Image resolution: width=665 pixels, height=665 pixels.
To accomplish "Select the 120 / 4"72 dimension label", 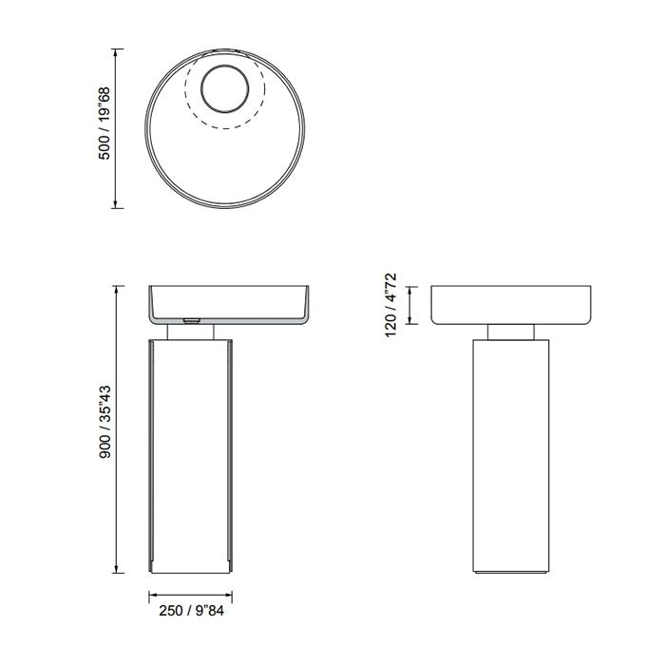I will (x=389, y=307).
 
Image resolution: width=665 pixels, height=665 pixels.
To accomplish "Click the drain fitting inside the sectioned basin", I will (x=190, y=321).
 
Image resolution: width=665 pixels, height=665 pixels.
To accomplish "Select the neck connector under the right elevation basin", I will (x=513, y=332).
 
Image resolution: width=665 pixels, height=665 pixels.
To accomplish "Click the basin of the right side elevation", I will (x=513, y=304).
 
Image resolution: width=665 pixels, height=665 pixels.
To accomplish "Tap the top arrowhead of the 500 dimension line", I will (x=116, y=52).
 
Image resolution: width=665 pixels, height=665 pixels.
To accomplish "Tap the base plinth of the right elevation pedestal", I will (x=513, y=572).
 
